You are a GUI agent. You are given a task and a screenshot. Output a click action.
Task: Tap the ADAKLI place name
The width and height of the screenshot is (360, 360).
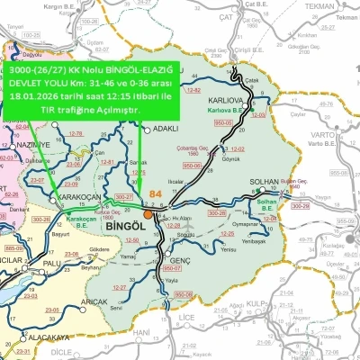click(x=167, y=129)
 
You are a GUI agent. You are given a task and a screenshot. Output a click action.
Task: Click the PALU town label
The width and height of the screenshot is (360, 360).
click(x=51, y=264)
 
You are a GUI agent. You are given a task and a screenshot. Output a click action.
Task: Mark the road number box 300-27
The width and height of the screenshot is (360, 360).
click(x=122, y=196)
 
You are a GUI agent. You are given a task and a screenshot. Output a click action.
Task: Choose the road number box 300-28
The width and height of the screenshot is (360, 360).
click(x=216, y=212)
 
